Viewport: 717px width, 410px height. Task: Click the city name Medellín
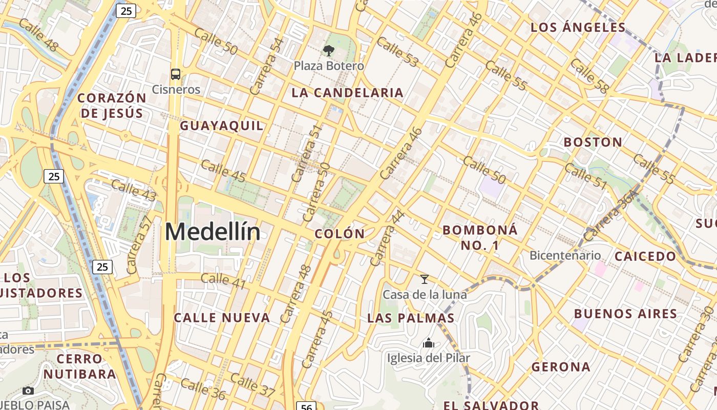212,232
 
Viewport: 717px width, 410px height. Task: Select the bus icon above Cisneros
176,74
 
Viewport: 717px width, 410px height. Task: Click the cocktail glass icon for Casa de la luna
425,279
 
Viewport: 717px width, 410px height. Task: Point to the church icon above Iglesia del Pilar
428,343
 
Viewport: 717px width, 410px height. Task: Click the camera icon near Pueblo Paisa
29,391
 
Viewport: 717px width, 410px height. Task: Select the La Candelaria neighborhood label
347,93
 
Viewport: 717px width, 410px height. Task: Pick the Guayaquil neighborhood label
222,126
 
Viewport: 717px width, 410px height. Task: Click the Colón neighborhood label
340,234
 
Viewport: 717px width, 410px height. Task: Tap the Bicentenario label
565,255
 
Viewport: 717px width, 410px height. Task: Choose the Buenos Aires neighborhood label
625,314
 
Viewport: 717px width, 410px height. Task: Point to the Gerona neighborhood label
561,367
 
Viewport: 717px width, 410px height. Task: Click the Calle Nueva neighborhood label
222,318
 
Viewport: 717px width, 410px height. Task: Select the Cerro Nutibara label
79,366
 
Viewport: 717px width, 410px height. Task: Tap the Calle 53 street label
397,52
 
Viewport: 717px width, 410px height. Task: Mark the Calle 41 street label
223,280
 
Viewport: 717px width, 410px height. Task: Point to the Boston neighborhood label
593,142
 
